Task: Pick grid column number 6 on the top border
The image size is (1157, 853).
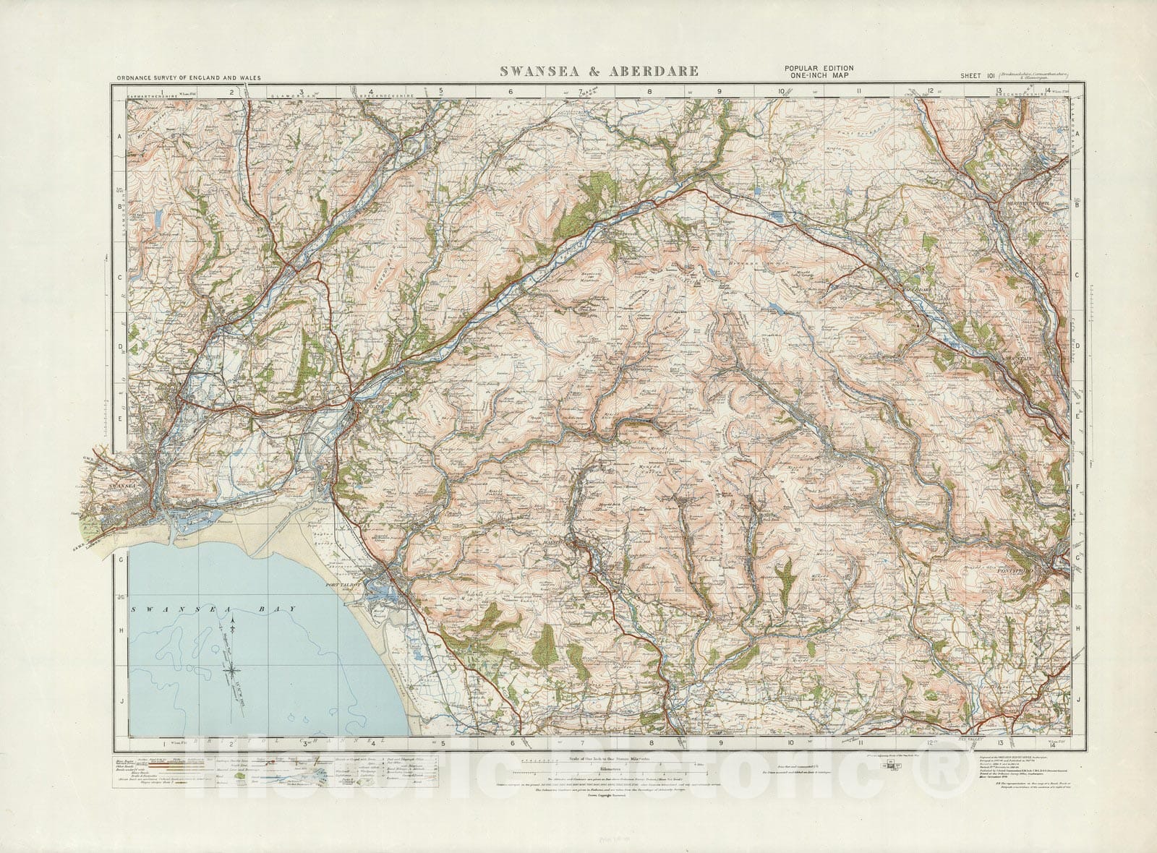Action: (x=510, y=92)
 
